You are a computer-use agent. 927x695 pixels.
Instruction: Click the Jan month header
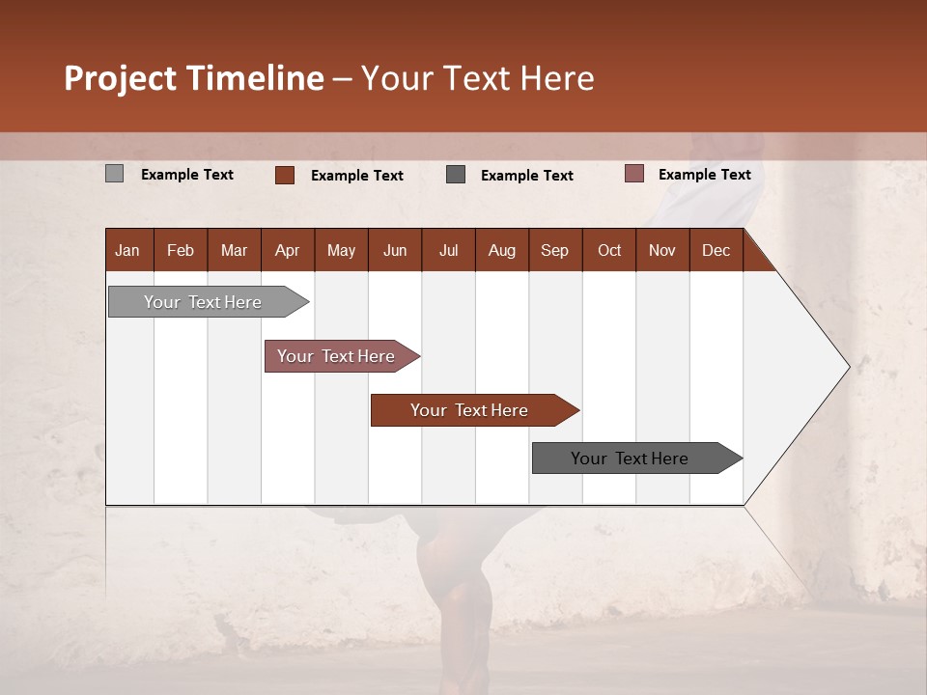tap(127, 250)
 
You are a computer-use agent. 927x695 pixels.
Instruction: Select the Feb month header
tap(181, 250)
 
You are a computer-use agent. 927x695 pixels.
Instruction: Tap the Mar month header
tap(234, 250)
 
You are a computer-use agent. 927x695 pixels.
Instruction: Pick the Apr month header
tap(288, 250)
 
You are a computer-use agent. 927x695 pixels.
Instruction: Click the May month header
tap(341, 250)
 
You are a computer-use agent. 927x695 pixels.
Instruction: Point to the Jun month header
tap(395, 250)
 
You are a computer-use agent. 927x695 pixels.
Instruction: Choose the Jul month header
tap(448, 250)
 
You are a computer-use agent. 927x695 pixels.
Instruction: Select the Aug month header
tap(502, 250)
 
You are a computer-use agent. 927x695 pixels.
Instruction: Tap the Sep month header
tap(555, 250)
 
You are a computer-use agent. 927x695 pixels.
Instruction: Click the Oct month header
tap(609, 250)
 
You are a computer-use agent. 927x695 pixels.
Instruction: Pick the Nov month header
tap(662, 250)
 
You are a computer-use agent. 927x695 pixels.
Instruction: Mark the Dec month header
tap(716, 250)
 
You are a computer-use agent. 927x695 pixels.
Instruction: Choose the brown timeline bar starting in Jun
tap(470, 410)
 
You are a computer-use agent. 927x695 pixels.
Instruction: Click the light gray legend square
tap(114, 174)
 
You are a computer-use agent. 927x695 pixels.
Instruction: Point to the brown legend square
tap(285, 175)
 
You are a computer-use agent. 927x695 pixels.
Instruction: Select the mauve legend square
tap(634, 174)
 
